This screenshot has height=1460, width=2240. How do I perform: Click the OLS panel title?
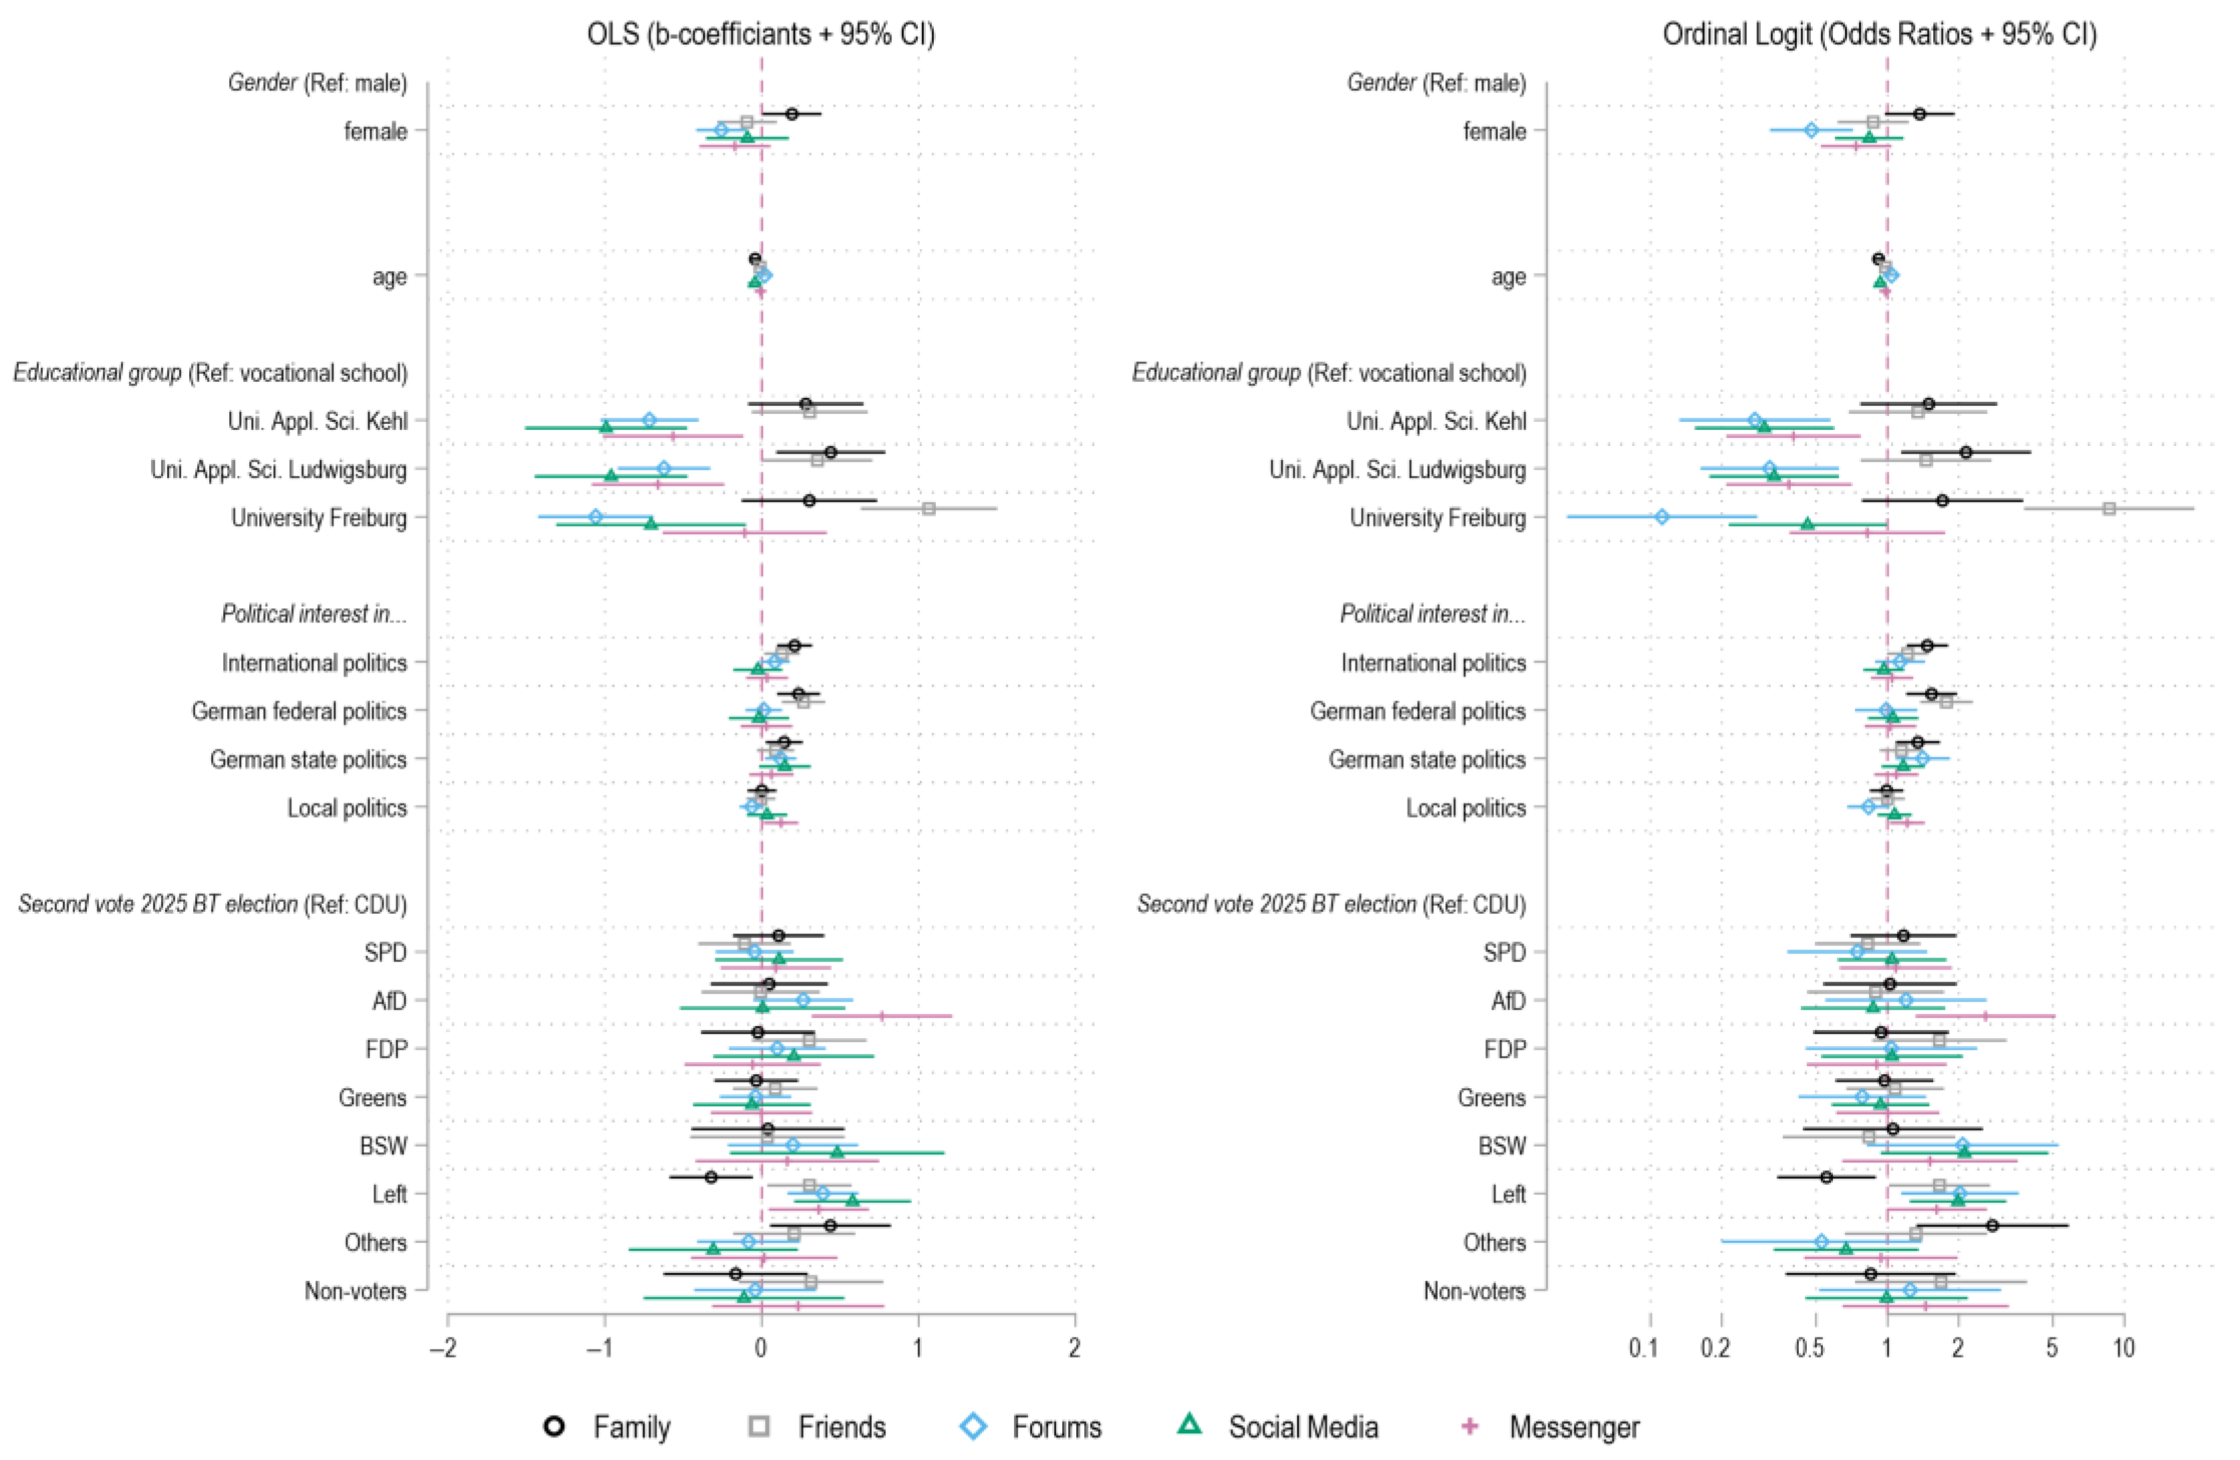[761, 35]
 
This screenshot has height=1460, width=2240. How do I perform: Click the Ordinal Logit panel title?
[1880, 35]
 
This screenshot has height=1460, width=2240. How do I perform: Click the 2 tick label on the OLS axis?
[1075, 1348]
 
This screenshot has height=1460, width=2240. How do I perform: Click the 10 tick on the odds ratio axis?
[2123, 1348]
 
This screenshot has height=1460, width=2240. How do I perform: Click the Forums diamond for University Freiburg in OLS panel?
[595, 517]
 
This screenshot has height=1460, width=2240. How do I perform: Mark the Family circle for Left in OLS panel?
[711, 1177]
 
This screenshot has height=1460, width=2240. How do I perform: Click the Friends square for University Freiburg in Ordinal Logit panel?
[2109, 508]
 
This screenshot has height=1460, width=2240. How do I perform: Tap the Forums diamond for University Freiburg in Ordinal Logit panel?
[1662, 517]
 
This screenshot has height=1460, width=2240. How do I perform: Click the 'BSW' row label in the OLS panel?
[383, 1146]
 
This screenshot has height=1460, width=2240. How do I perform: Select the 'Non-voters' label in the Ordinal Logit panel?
[1474, 1291]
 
